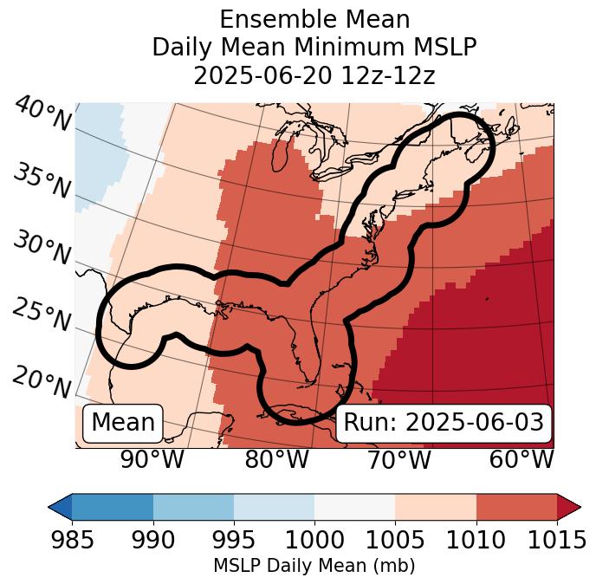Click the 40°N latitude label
tap(42, 114)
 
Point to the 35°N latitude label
tap(42, 181)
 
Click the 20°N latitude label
tap(42, 381)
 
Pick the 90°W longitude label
tap(152, 459)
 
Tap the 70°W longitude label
tap(398, 459)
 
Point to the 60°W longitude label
tap(521, 459)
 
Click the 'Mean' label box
tap(123, 423)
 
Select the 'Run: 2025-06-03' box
tap(444, 423)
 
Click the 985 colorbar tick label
tap(72, 541)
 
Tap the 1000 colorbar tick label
tap(314, 541)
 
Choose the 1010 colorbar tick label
tap(476, 541)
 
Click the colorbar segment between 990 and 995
tap(193, 507)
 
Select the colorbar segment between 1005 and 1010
tap(435, 507)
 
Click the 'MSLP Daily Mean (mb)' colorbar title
tap(314, 566)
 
